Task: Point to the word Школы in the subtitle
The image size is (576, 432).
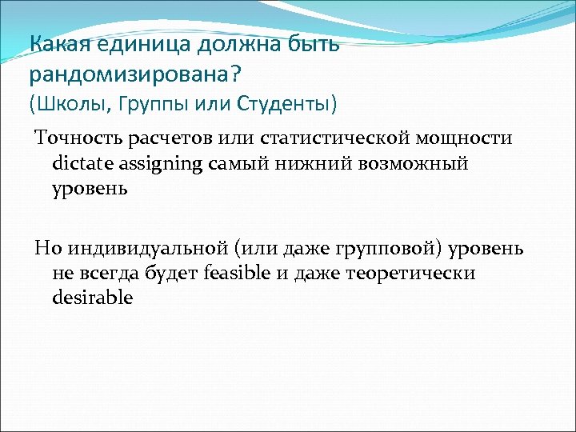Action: click(66, 104)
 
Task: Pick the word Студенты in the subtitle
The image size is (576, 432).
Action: click(283, 104)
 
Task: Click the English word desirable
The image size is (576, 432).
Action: click(93, 298)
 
